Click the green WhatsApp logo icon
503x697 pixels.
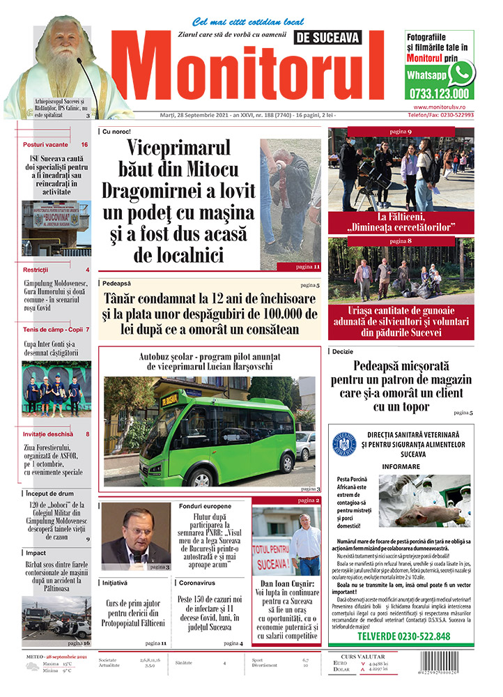coord(461,72)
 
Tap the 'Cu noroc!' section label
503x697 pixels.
coord(116,131)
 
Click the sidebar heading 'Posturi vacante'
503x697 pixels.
coord(45,144)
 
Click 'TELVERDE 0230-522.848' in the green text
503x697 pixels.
coord(403,636)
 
